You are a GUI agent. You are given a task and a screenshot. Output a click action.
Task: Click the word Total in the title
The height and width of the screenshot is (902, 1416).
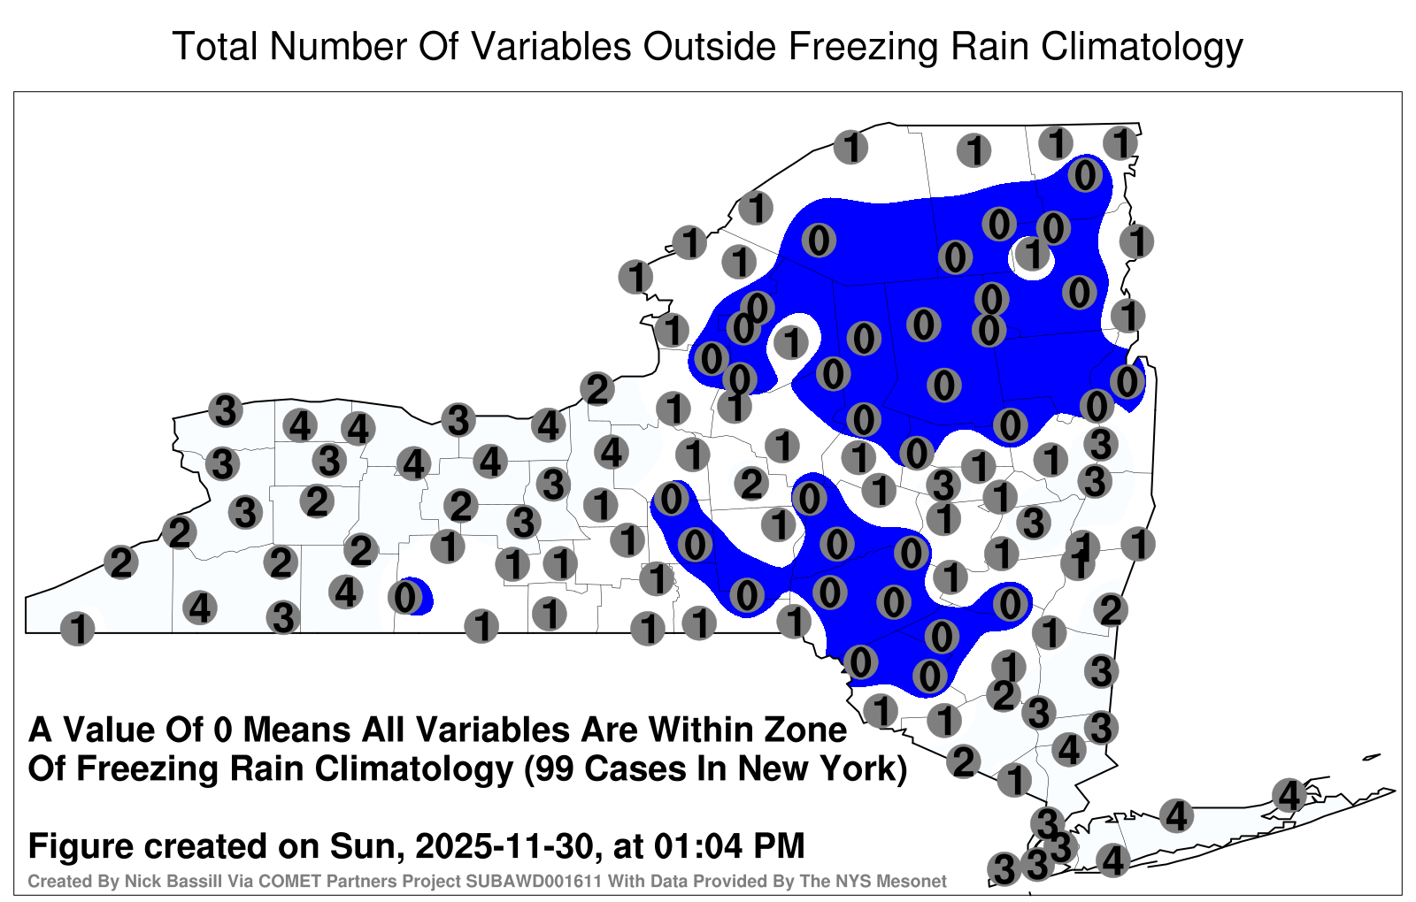(215, 46)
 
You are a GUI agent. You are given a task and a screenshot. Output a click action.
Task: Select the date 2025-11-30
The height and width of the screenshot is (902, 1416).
(505, 845)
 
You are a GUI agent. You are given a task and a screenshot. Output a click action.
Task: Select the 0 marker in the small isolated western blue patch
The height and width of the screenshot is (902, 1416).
(405, 597)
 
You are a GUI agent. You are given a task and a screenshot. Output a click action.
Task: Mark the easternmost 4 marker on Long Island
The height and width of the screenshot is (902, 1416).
(1289, 795)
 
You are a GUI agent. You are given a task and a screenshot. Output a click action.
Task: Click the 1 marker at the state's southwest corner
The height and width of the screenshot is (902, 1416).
(78, 629)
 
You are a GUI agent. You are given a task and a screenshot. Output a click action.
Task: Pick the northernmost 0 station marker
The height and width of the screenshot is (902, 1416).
(1085, 175)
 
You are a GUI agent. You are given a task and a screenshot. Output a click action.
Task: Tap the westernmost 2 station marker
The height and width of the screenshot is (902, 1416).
(120, 562)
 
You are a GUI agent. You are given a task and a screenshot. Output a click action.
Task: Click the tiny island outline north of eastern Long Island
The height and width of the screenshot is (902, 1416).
(1372, 757)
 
